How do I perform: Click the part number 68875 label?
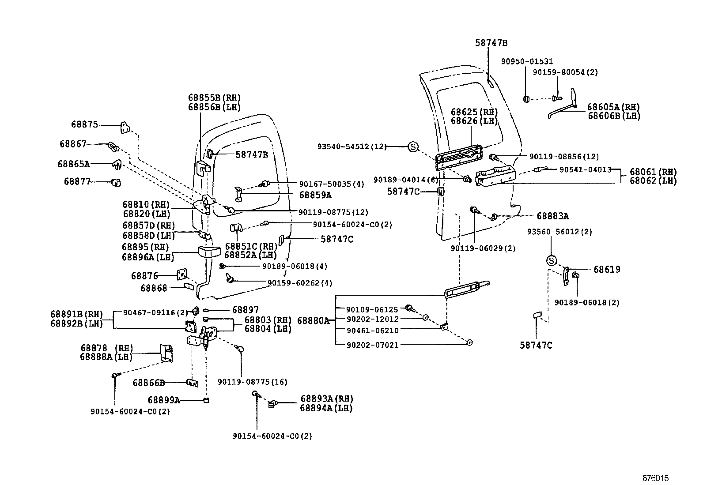(84, 125)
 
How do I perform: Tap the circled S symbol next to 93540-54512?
(412, 147)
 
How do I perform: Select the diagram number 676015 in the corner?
(655, 478)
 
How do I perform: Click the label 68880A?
(313, 320)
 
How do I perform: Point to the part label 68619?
(607, 269)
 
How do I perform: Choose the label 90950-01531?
(527, 62)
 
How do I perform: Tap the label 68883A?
(552, 216)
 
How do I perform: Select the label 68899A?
(163, 400)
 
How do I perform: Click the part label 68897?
(246, 310)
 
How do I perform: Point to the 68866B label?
(148, 383)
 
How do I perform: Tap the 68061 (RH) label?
(653, 172)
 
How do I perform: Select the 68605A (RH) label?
(613, 107)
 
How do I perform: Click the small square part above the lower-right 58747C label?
(537, 315)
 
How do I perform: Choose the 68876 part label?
(144, 276)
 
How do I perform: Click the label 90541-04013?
(585, 169)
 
